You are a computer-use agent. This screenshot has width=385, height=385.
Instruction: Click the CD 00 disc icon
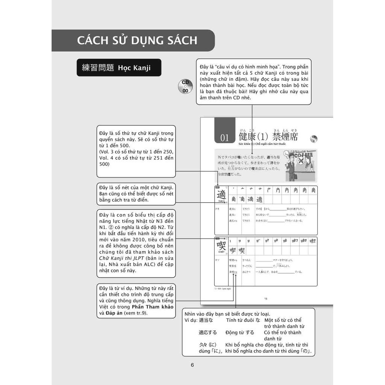pos(185,86)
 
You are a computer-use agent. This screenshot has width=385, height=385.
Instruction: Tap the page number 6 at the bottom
pos(192,365)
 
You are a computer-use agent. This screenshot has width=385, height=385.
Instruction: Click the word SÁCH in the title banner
pos(180,40)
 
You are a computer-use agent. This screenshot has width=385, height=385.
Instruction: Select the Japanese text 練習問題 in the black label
pos(98,68)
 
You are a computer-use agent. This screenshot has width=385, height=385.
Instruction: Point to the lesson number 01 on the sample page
pos(224,138)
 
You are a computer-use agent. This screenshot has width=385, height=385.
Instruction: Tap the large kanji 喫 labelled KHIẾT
pos(221,246)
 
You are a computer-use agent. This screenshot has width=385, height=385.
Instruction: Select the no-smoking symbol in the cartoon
pos(300,161)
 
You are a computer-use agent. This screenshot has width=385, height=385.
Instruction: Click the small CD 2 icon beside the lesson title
pos(314,138)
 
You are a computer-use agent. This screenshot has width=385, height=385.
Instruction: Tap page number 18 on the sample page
pos(265,299)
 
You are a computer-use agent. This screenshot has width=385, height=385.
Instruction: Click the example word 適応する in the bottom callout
pos(208,332)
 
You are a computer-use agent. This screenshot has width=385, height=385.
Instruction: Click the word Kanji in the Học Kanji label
pos(141,68)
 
